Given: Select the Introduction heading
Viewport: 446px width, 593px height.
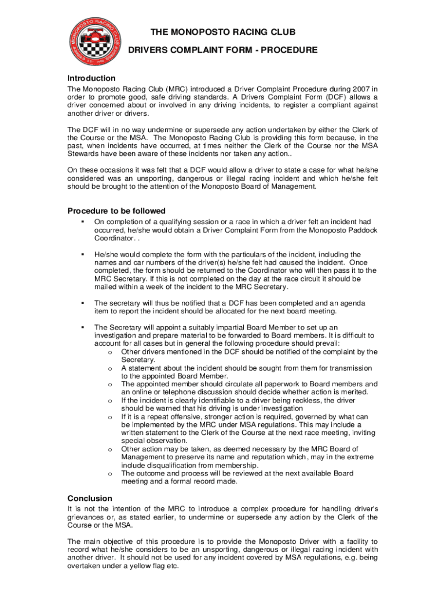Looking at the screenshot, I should (92, 78).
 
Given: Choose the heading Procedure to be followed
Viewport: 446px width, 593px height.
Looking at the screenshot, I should (116, 211).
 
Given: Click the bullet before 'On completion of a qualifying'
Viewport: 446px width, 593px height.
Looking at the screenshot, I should (83, 221).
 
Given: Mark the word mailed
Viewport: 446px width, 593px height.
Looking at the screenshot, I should (106, 287).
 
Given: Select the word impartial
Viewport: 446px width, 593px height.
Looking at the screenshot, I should (225, 327).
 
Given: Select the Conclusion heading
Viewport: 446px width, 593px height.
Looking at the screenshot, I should (90, 498).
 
